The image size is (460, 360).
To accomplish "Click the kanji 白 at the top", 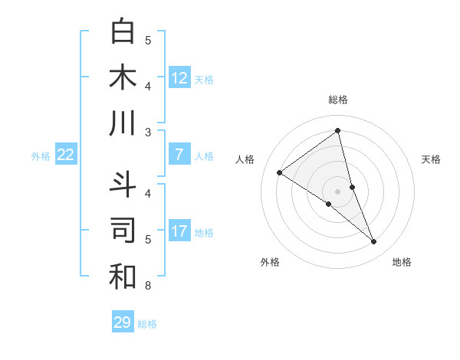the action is (123, 31).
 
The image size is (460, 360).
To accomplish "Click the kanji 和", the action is (123, 277).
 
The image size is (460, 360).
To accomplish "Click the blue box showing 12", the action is (179, 77).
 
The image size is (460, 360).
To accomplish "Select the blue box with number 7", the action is (179, 155).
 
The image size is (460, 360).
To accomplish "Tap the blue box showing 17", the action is (179, 231).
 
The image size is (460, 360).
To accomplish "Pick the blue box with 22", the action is (66, 155).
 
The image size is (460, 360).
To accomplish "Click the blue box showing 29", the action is (123, 322).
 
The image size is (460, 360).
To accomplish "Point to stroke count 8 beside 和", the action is (148, 286).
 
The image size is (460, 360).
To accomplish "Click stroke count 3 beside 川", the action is (148, 133).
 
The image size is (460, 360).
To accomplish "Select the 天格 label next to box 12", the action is (204, 79).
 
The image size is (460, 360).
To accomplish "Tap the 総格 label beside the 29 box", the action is (148, 324).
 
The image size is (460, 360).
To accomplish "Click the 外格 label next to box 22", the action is (41, 156).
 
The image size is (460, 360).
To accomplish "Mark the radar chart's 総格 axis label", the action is (337, 100).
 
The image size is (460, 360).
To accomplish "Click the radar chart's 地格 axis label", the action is (402, 262).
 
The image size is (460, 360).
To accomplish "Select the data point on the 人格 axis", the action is (279, 172).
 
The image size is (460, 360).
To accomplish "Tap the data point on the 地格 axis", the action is (373, 242).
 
